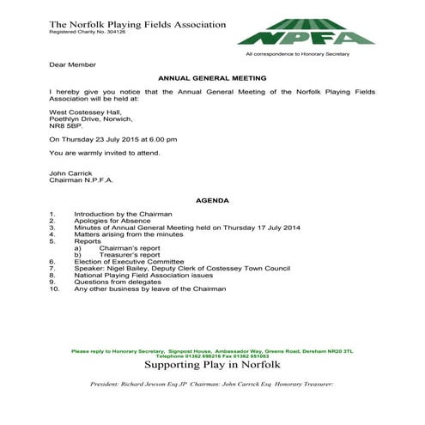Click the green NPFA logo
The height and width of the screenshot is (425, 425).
[x=306, y=33]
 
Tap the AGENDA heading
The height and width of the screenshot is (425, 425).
[x=212, y=200]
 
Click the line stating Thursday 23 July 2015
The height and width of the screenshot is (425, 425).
[x=113, y=139]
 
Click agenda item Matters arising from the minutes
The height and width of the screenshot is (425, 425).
[x=129, y=234]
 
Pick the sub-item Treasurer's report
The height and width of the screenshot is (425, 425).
[x=130, y=254]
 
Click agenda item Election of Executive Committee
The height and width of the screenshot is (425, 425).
[x=132, y=261]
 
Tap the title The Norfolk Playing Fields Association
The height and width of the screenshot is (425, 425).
[x=137, y=24]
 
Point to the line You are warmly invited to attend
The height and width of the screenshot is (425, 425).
[x=105, y=153]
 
